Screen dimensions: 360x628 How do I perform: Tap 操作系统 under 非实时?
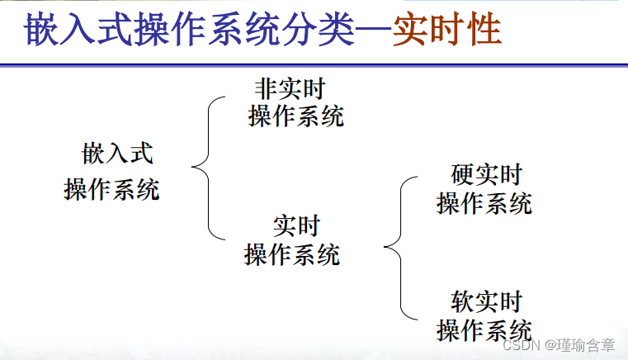click(295, 116)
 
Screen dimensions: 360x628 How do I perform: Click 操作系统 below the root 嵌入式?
click(111, 190)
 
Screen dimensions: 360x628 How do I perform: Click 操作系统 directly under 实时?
click(291, 254)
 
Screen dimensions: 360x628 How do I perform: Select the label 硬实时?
click(487, 175)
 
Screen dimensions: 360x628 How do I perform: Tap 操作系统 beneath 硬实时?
click(484, 203)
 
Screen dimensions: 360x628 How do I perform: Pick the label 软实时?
click(487, 301)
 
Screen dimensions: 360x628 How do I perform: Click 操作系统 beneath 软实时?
click(484, 329)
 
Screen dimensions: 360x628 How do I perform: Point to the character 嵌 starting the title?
click(41, 31)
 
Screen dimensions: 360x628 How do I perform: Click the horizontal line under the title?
click(314, 64)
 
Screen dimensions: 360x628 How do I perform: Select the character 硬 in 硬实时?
click(462, 175)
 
